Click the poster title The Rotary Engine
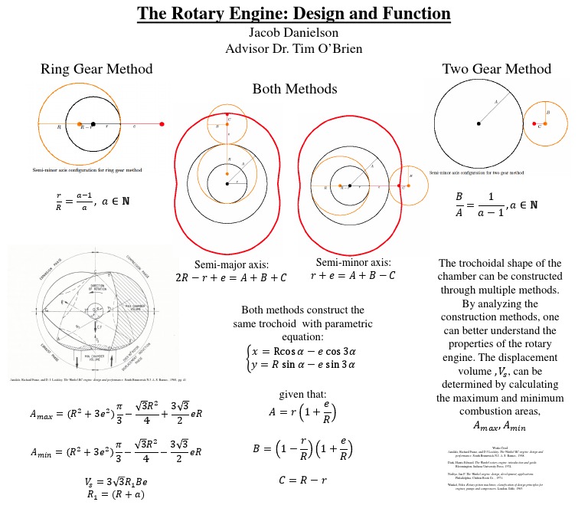[x=294, y=14]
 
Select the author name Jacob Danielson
[x=294, y=33]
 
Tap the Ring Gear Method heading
[x=96, y=69]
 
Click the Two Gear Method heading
[x=497, y=69]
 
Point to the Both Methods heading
[x=294, y=89]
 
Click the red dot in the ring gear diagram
[x=162, y=123]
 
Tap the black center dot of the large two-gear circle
[x=479, y=123]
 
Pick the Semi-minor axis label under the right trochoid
[x=353, y=267]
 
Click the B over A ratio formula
[x=496, y=203]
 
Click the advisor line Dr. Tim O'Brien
[x=294, y=48]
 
